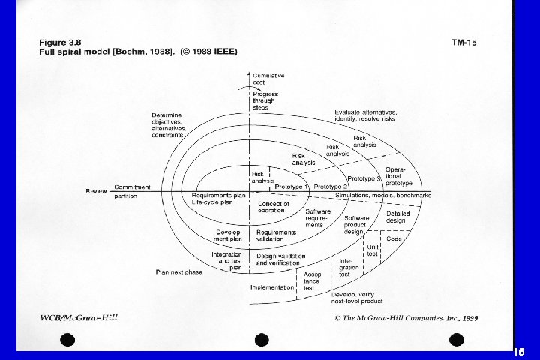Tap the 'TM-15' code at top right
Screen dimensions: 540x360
click(x=463, y=43)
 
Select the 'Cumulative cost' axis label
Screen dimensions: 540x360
click(x=268, y=80)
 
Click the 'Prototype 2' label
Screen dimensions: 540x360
click(x=331, y=186)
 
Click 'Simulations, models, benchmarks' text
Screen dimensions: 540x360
click(x=383, y=195)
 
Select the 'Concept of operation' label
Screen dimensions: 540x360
click(x=272, y=207)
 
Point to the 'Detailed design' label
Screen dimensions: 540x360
click(x=398, y=217)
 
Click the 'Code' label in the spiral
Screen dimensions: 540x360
click(x=394, y=238)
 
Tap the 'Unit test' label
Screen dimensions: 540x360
click(x=373, y=250)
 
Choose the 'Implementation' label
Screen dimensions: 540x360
click(x=271, y=286)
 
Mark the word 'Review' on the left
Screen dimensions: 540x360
click(x=95, y=191)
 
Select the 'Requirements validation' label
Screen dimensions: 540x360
click(x=276, y=235)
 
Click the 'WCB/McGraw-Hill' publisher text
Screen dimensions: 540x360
click(x=79, y=317)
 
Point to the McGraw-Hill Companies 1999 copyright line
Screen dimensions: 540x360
click(x=406, y=318)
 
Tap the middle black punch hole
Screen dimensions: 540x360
click(x=262, y=339)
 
